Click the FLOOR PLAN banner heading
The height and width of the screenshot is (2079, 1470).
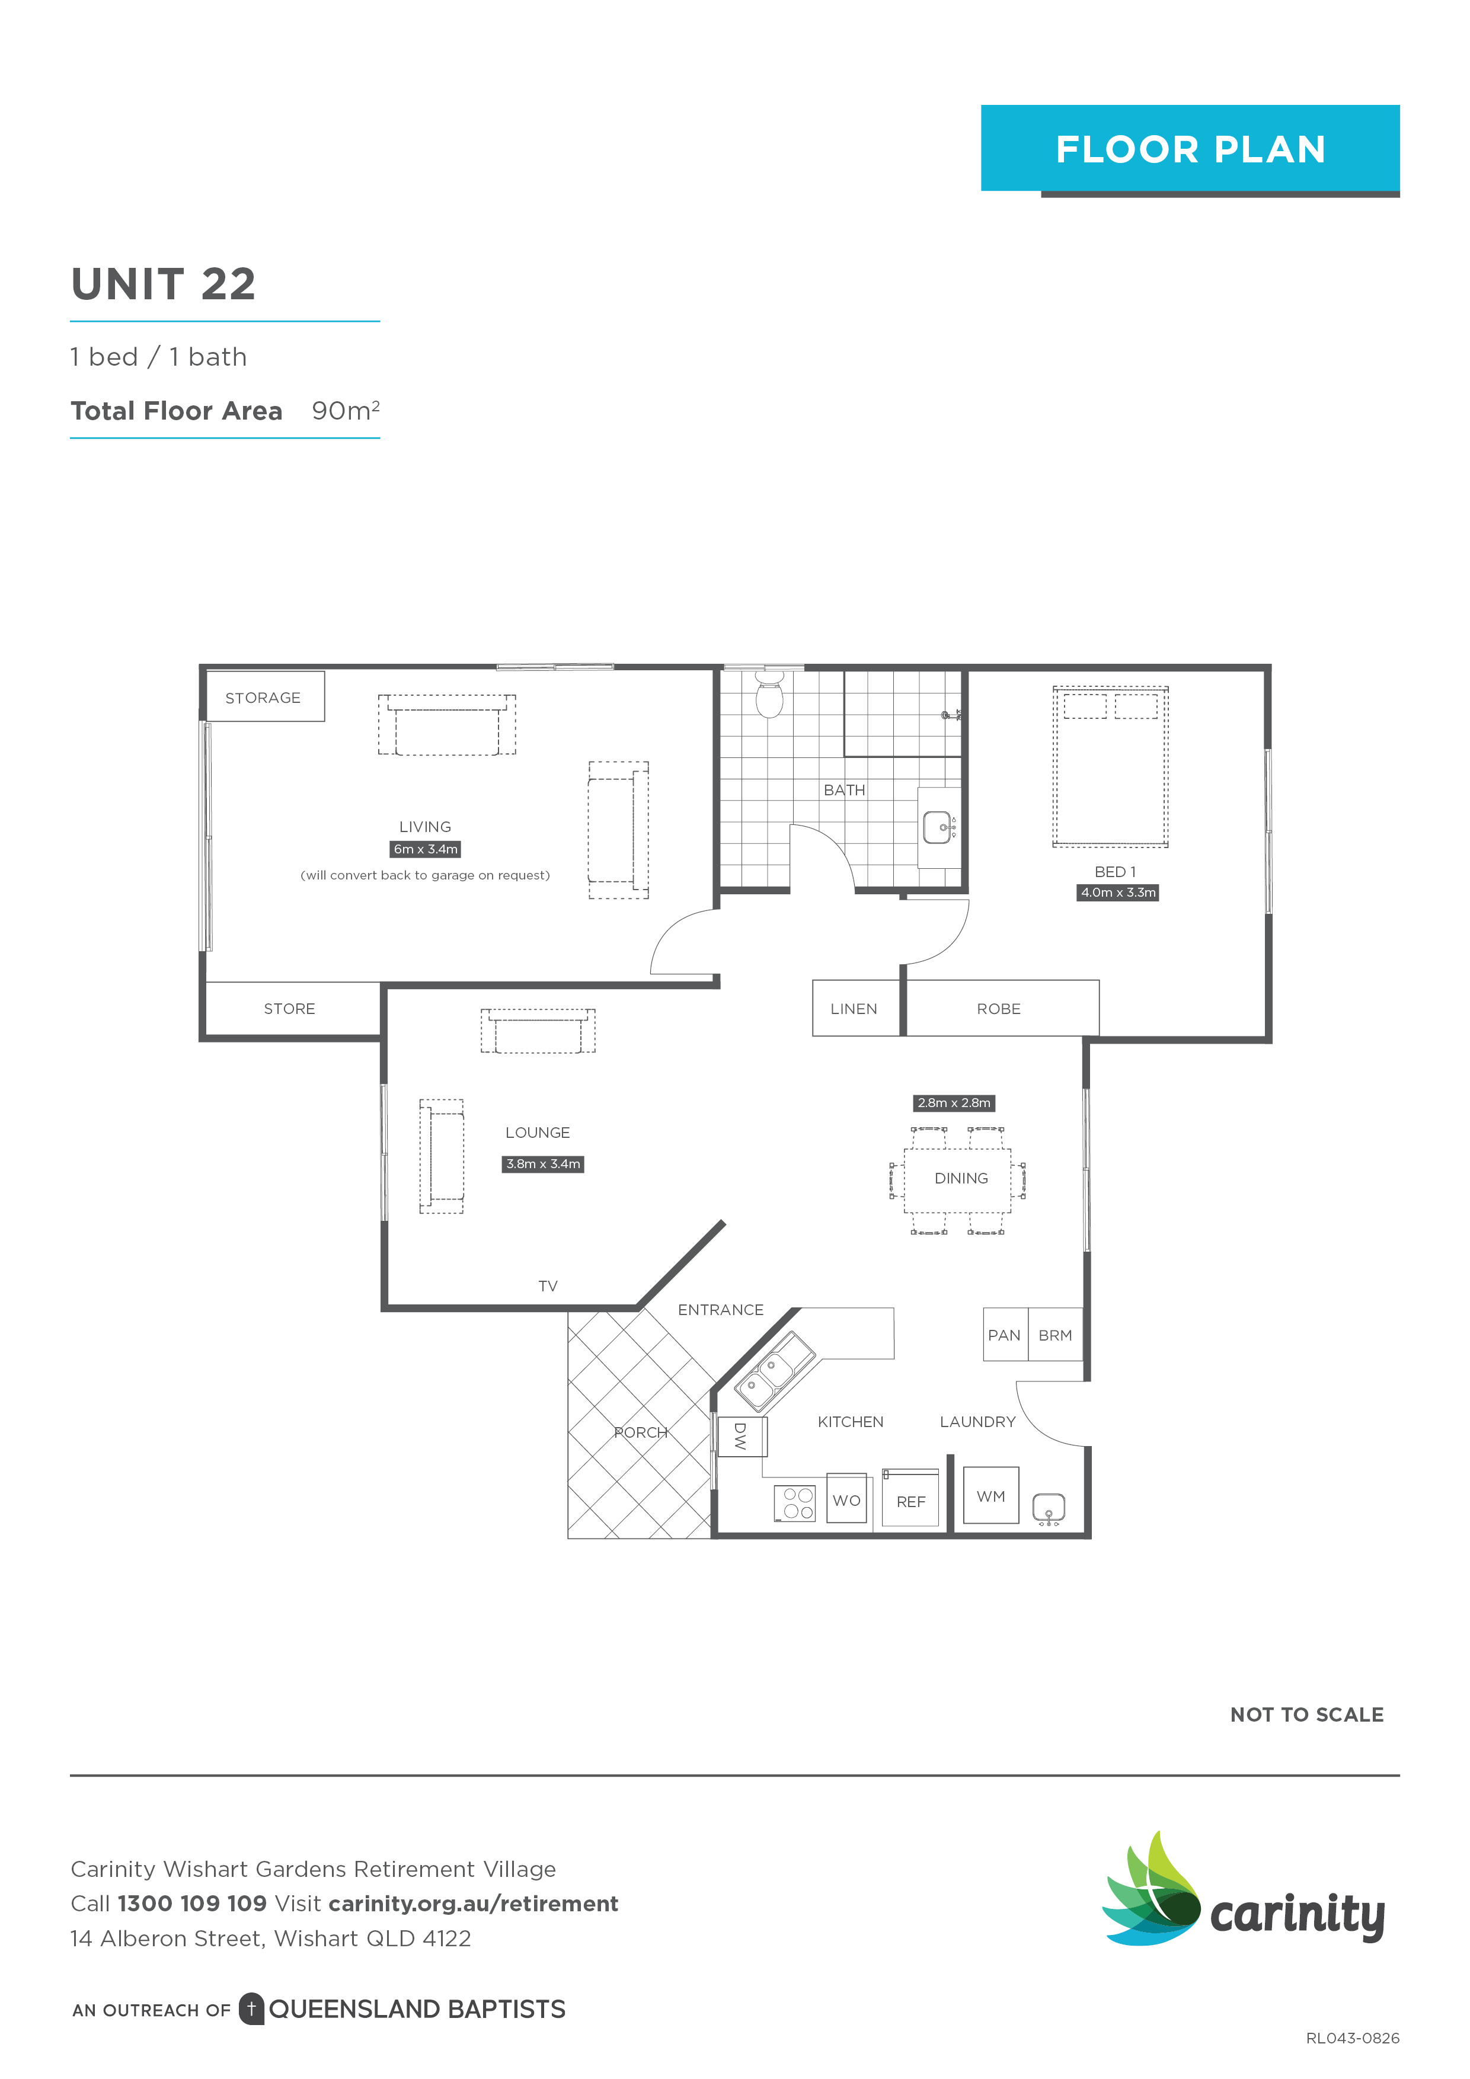tap(1190, 149)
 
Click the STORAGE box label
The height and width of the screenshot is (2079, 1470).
tap(263, 697)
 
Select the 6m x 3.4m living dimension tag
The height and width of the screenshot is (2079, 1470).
tap(425, 849)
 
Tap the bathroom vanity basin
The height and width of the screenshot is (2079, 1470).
tap(938, 827)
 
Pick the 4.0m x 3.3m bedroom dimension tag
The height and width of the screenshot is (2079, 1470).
tap(1118, 892)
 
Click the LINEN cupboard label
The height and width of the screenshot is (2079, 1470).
tap(853, 1009)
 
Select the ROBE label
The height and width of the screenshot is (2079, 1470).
tap(998, 1009)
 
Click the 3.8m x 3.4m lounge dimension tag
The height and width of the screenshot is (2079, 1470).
tap(542, 1163)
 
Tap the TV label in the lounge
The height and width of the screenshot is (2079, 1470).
tap(548, 1286)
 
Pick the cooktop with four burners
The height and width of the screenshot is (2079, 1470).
tap(795, 1504)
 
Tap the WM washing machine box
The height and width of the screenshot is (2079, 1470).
tap(991, 1496)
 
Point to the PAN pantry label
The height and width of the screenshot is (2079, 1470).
tap(1004, 1335)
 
